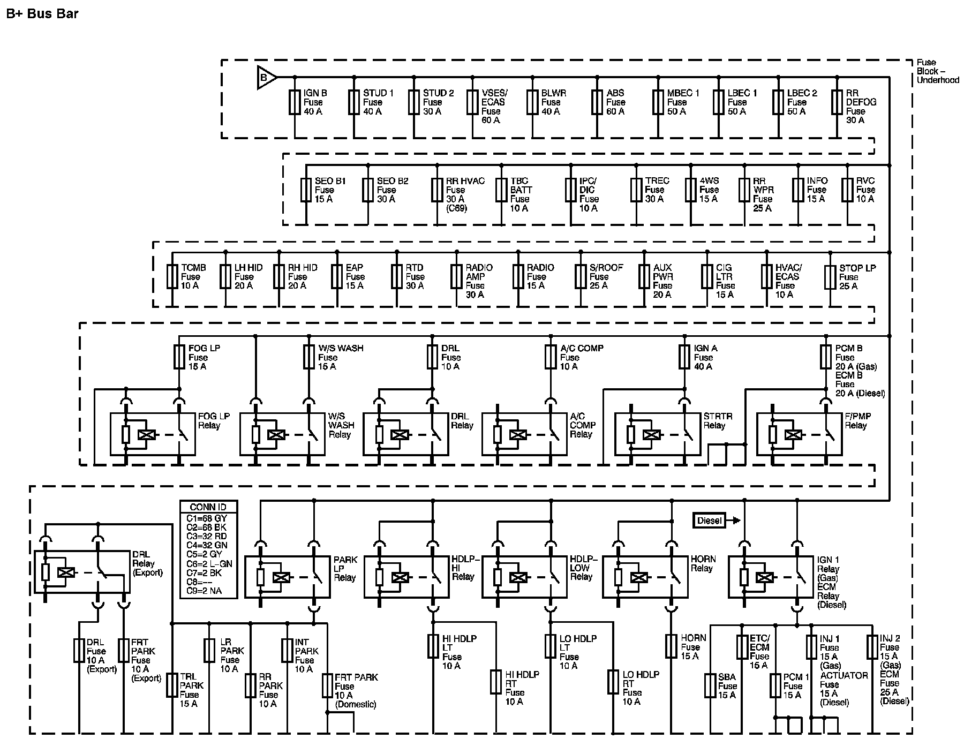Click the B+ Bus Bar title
42,13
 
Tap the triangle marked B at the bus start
266,78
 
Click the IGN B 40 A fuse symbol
295,102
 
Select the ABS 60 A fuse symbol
597,102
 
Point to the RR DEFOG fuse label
860,107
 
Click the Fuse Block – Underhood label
937,71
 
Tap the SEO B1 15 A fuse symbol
306,190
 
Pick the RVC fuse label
865,190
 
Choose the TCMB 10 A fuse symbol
172,276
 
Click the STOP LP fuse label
857,276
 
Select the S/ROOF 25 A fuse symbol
581,276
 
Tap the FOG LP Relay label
213,420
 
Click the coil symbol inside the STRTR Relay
651,435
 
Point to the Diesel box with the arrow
710,521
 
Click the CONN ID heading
208,507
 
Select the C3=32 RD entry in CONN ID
207,536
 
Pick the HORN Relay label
703,563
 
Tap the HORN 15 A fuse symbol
671,646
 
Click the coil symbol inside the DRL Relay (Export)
66,572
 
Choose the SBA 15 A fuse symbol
710,685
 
